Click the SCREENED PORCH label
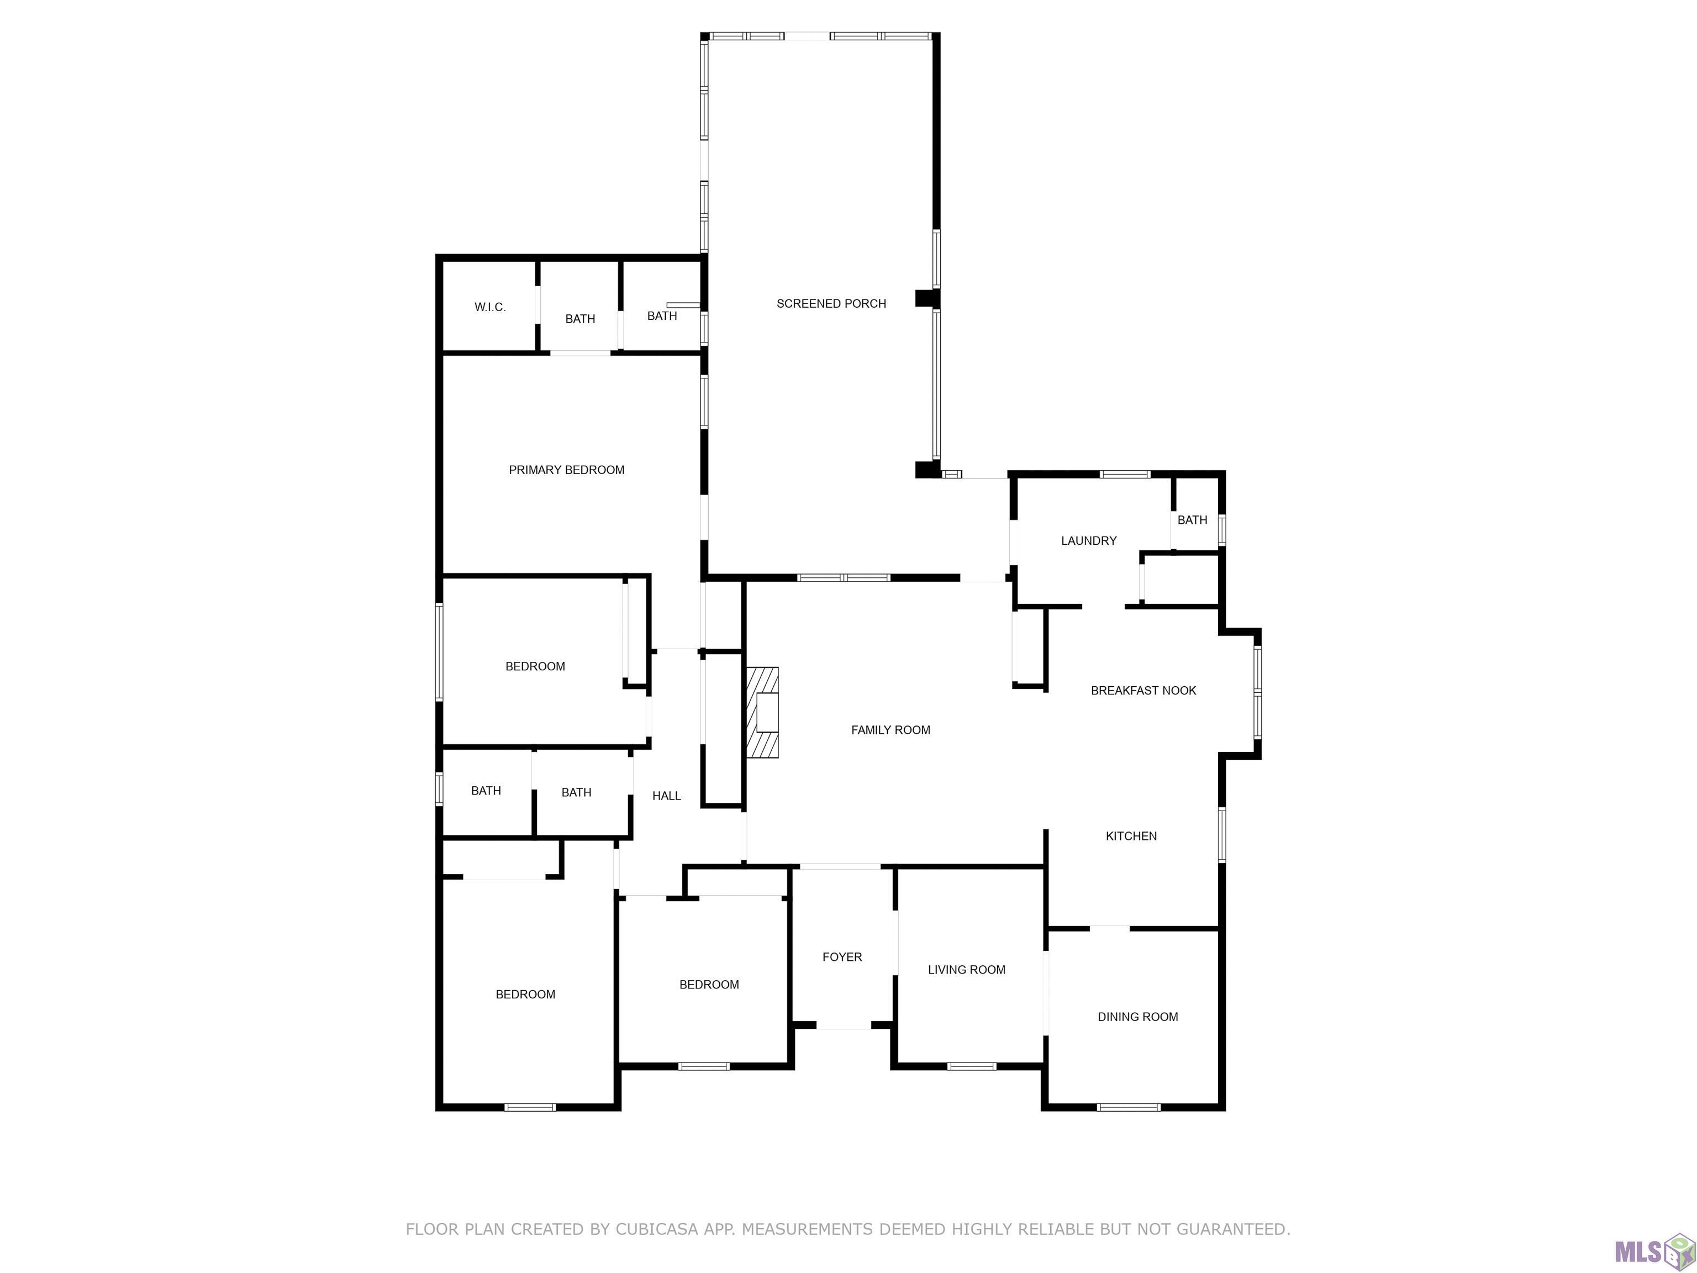[831, 304]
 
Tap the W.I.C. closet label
[489, 307]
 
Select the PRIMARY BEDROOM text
[566, 470]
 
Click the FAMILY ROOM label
[890, 730]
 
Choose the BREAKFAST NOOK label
[1143, 691]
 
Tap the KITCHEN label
[1131, 835]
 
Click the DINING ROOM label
[1138, 1017]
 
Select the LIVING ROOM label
[967, 970]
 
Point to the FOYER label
[842, 957]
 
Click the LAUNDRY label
[1089, 541]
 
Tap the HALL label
[667, 796]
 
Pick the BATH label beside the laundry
[1192, 520]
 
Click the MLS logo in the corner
[1653, 1251]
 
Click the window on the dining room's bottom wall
[1129, 1107]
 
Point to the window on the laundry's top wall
[1125, 474]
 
